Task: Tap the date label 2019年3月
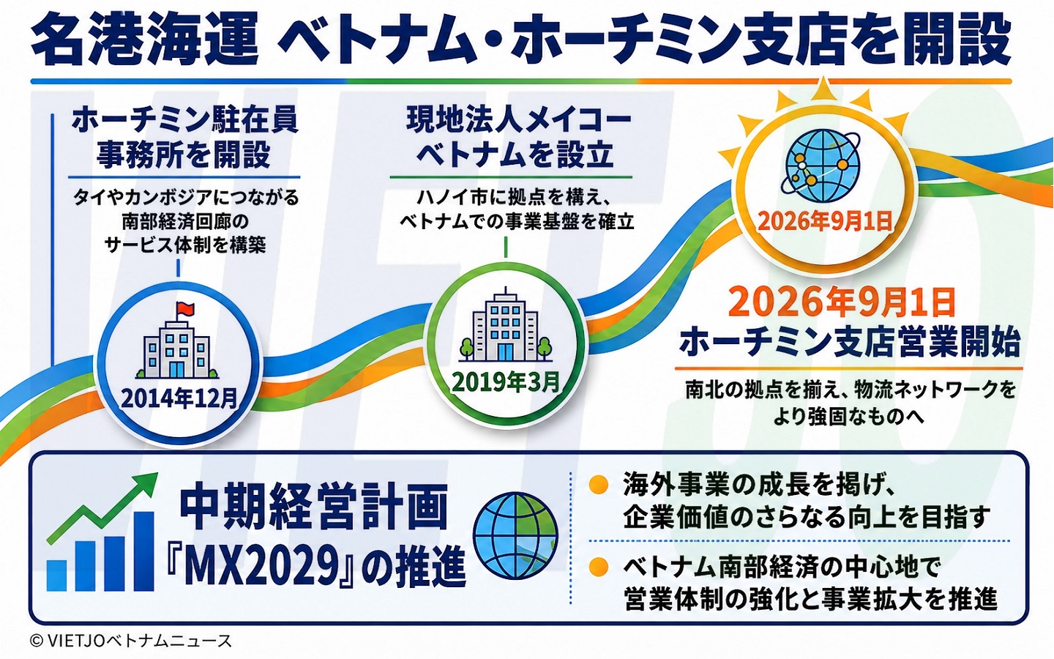coord(506,382)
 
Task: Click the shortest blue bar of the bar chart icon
coord(56,575)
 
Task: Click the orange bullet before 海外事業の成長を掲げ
coord(599,485)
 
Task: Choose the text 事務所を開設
coord(184,154)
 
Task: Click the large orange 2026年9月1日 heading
coord(844,302)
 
